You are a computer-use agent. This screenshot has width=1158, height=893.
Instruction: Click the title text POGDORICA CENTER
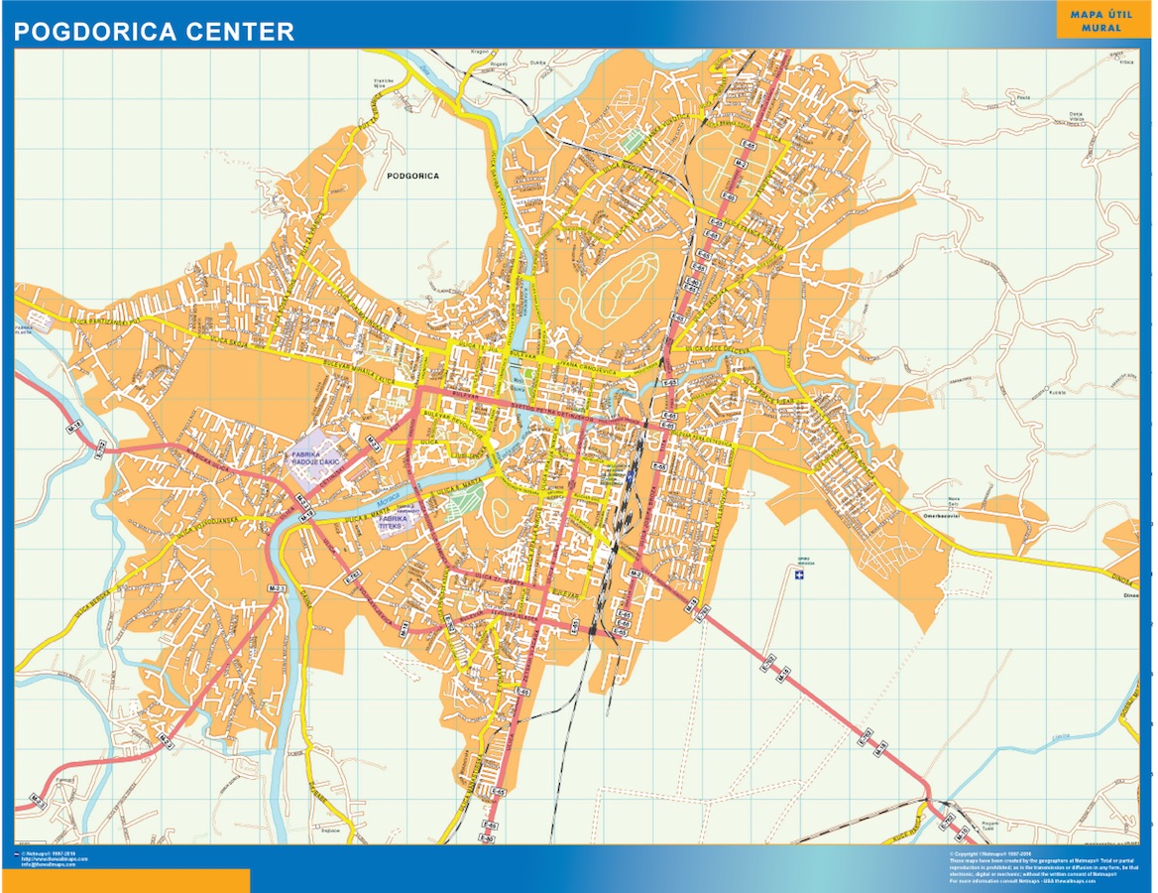pos(154,32)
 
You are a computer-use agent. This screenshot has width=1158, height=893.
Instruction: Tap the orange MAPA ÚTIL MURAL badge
pos(1101,21)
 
